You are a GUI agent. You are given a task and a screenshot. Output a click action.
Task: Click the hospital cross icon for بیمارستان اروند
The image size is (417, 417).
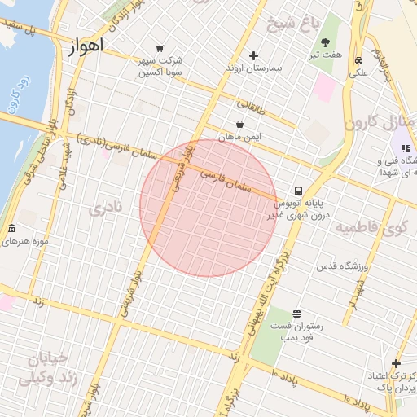pyautogui.click(x=253, y=56)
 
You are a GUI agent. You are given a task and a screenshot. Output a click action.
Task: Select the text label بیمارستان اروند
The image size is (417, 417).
pyautogui.click(x=253, y=70)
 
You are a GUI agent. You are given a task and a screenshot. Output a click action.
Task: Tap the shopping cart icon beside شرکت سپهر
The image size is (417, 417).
pyautogui.click(x=160, y=49)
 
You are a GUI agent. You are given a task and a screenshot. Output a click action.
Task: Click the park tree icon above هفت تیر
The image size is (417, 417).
pyautogui.click(x=326, y=42)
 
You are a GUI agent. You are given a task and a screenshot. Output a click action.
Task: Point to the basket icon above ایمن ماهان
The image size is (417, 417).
pyautogui.click(x=239, y=124)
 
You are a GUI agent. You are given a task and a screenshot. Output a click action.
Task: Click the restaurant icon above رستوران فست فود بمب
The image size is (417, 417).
pyautogui.click(x=296, y=314)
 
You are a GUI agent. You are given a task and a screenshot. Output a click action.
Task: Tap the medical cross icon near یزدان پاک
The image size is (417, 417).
pyautogui.click(x=396, y=363)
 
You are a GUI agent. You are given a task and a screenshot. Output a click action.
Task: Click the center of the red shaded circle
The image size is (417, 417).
pyautogui.click(x=208, y=208)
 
